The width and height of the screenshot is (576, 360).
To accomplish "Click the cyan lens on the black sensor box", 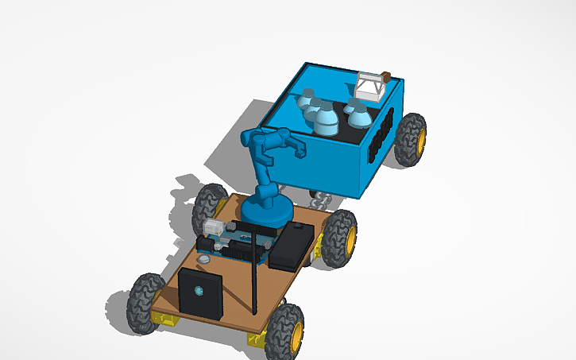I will click(199, 291).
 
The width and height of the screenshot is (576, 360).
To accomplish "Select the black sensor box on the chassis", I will click(200, 292).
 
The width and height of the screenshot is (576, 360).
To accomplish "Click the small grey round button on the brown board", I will click(205, 257).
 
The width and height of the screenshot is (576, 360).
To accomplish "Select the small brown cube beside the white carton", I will click(387, 76).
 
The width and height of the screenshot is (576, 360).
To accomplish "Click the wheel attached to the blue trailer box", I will click(410, 138).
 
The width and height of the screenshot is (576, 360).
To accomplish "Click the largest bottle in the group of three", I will click(326, 119).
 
